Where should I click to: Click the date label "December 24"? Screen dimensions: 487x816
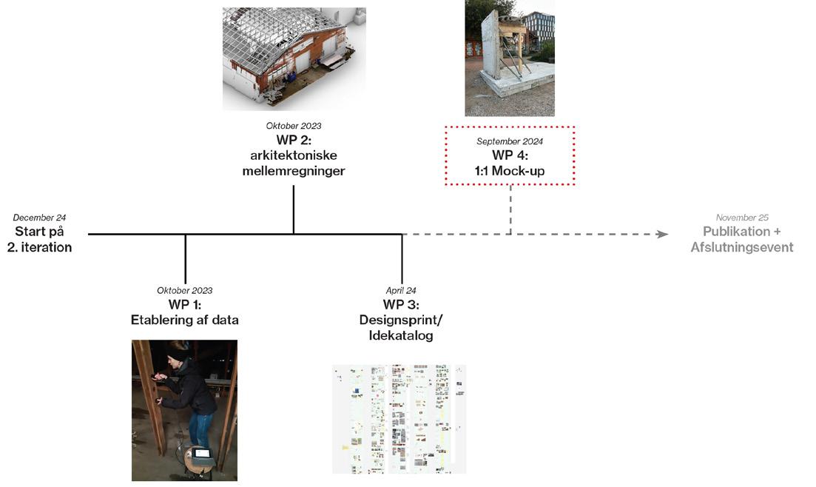point(39,218)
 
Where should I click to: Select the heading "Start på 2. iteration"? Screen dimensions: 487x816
point(39,240)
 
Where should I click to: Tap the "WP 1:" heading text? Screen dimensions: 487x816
point(184,305)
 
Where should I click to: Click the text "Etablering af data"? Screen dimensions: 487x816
point(184,320)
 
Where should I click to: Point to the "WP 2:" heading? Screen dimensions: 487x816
point(294,141)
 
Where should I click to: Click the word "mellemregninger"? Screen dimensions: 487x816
point(294,171)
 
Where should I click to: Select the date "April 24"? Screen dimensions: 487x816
point(401,290)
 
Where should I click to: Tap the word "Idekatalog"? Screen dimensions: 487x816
point(401,335)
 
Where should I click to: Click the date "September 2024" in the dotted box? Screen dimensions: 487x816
point(510,141)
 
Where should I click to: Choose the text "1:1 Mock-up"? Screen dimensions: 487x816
point(510,171)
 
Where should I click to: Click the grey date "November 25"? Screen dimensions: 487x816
point(742,218)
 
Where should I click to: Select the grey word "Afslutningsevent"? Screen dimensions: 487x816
point(742,247)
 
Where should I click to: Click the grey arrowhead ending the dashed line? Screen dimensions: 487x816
point(663,234)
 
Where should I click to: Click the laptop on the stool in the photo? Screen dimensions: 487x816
point(200,453)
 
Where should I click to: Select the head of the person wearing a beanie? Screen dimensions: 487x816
point(178,353)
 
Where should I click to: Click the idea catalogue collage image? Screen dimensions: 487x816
point(399,418)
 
